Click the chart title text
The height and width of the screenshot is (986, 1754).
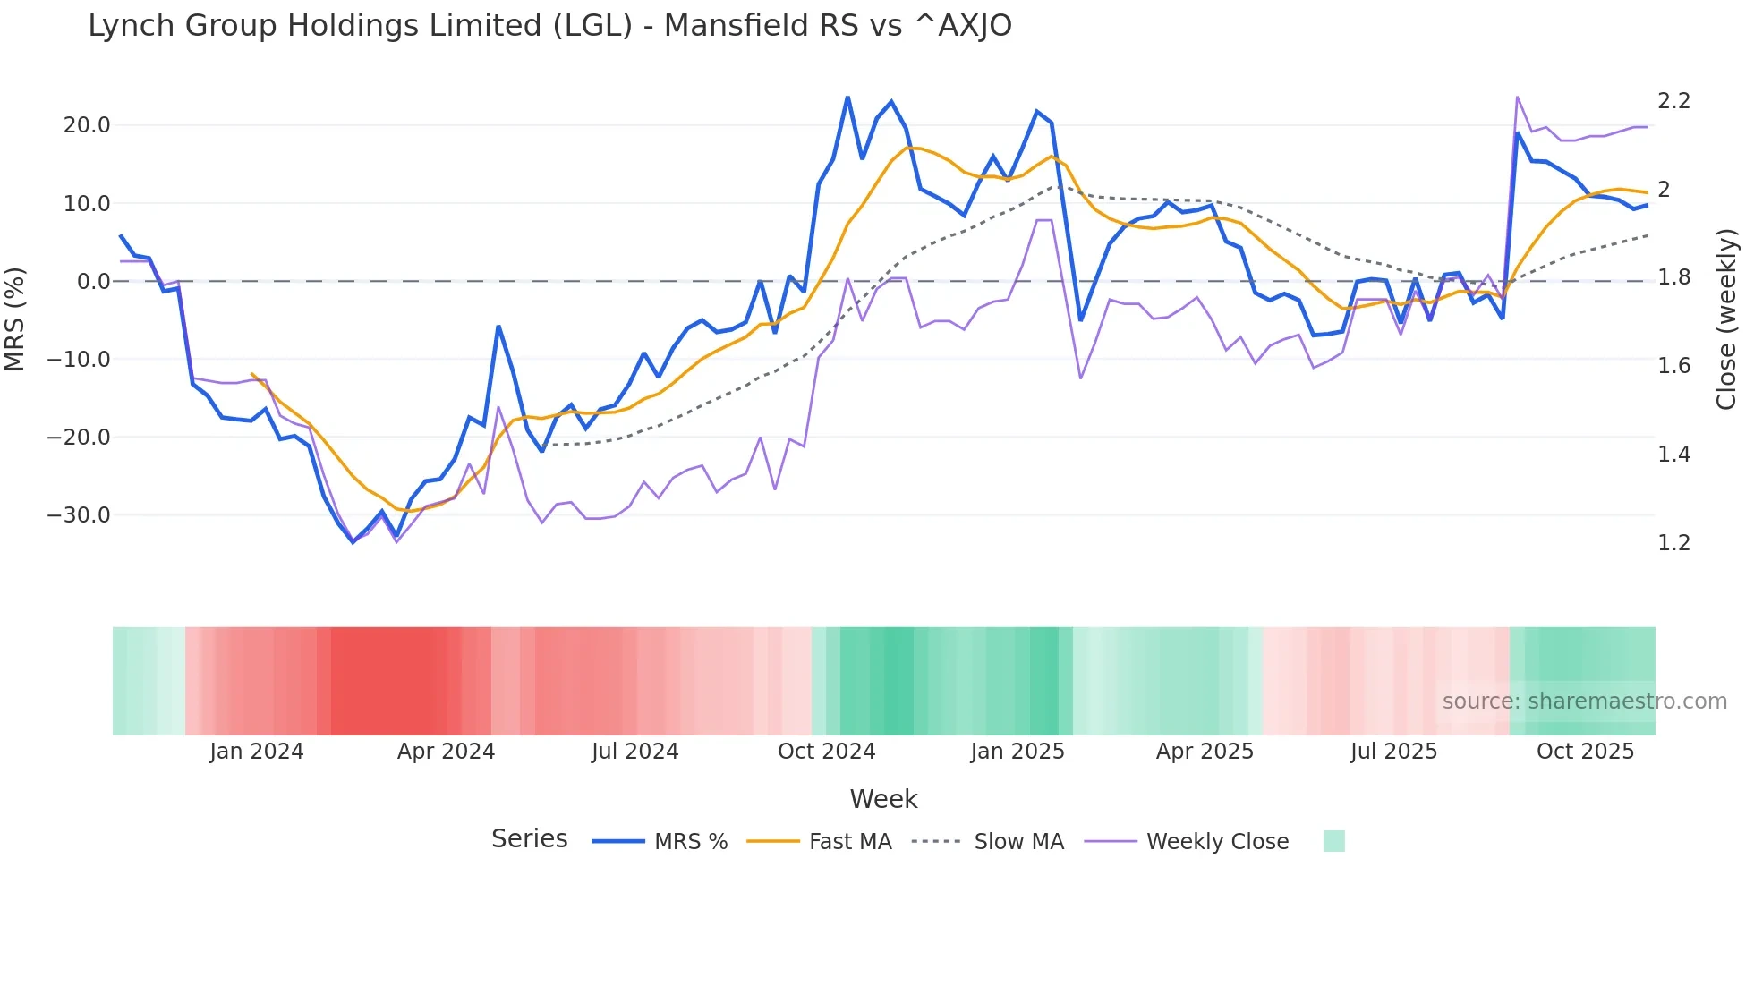point(549,26)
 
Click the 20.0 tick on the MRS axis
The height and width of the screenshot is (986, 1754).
point(87,125)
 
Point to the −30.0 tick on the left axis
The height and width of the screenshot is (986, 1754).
point(79,515)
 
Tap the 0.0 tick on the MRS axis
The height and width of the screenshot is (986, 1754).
point(94,282)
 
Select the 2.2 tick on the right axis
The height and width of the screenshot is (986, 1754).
point(1673,101)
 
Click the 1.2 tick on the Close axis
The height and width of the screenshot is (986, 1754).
point(1673,543)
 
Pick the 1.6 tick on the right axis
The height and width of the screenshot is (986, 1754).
point(1673,366)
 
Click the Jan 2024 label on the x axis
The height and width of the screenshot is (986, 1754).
point(257,752)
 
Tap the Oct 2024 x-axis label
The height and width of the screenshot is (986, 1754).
point(826,752)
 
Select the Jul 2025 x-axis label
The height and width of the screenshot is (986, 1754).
point(1393,752)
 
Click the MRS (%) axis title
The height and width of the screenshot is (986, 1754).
point(15,319)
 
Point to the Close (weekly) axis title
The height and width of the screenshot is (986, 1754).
point(1726,319)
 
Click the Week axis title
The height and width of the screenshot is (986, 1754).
point(883,799)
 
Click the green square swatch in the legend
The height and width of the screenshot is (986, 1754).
point(1333,841)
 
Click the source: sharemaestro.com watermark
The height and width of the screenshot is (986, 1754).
point(1584,701)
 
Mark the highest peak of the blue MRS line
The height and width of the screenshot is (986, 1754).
point(847,98)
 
